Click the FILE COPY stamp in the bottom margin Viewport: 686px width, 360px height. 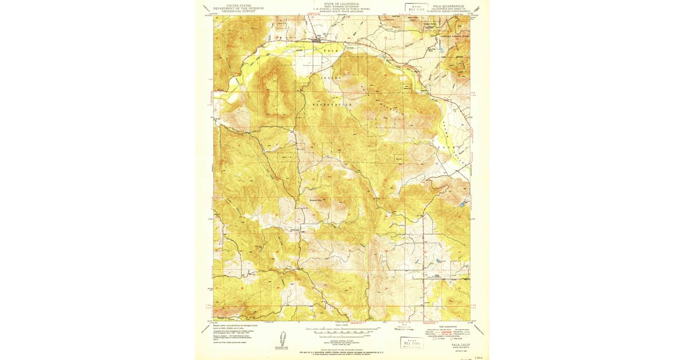tap(410, 343)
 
